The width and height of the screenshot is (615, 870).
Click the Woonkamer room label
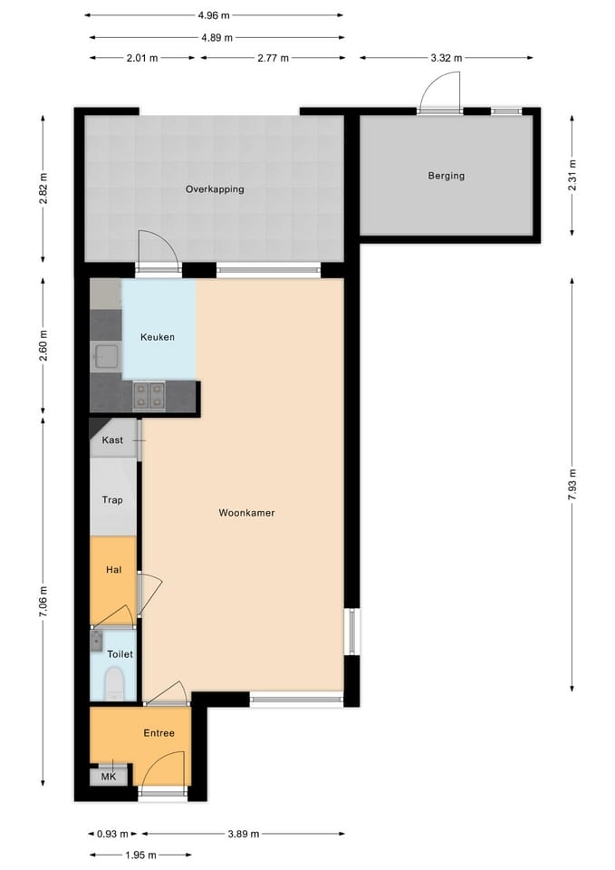(x=246, y=513)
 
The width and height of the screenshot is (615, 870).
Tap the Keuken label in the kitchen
(x=157, y=337)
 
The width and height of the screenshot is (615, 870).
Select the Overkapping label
(x=215, y=189)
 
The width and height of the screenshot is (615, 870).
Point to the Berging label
(x=446, y=176)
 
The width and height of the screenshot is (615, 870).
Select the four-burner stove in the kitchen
(x=149, y=394)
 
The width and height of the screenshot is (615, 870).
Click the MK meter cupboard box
(x=108, y=777)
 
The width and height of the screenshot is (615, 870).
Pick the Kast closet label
(x=112, y=440)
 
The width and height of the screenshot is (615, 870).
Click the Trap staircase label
(x=112, y=499)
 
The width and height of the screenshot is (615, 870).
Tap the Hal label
(x=113, y=570)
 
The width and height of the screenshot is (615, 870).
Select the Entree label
(x=159, y=733)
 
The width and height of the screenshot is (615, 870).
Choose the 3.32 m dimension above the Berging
(x=446, y=58)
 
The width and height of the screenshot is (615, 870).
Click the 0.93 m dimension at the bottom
(x=112, y=834)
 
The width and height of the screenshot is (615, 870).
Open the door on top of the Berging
(x=439, y=95)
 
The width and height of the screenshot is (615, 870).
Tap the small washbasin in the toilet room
(x=97, y=641)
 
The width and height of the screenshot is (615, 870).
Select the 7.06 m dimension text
(x=43, y=602)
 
